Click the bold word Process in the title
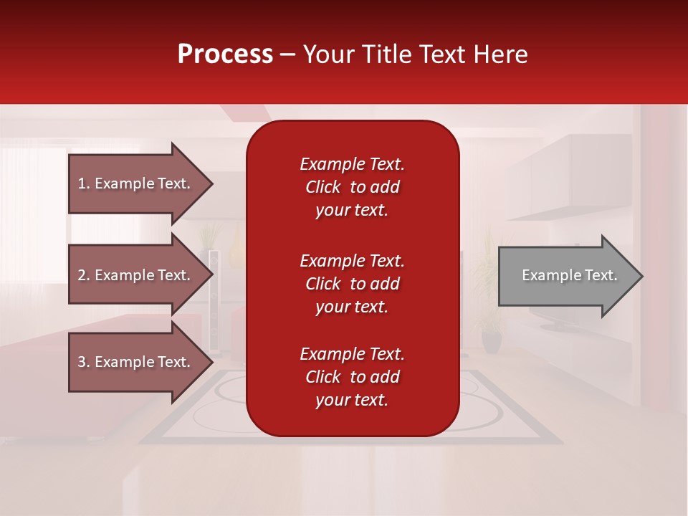225,54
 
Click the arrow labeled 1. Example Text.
136,183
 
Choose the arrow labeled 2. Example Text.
136,275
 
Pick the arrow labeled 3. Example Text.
136,362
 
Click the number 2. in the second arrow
84,275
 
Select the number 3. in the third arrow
84,362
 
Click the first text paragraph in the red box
352,187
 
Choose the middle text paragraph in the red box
352,284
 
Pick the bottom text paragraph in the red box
352,377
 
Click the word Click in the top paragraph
322,187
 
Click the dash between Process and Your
287,55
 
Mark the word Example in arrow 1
123,183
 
